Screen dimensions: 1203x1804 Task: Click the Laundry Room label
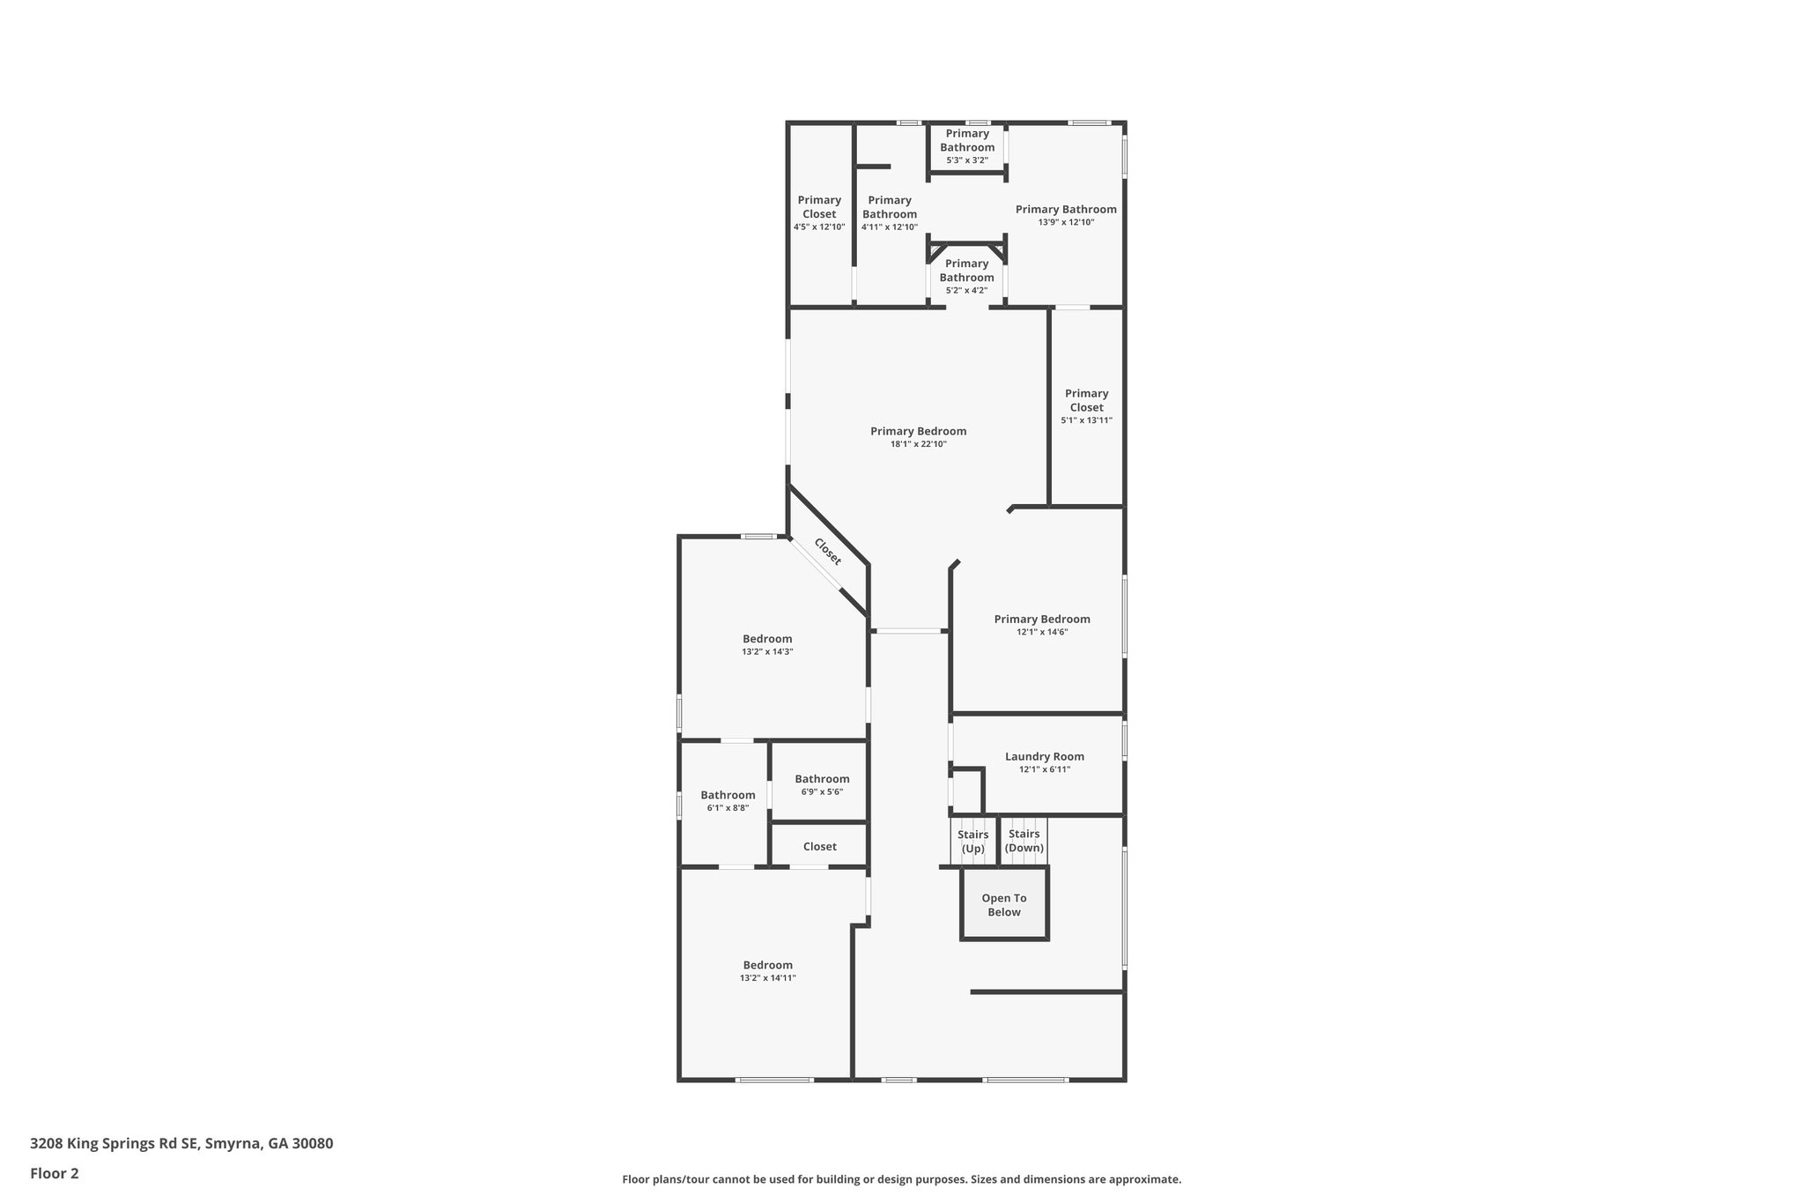click(x=1044, y=756)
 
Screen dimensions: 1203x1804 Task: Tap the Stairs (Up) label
click(x=972, y=842)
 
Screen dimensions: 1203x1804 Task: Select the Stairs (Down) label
click(x=1024, y=841)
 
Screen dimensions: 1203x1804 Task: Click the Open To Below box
click(x=1004, y=905)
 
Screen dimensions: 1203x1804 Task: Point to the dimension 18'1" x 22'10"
click(x=918, y=444)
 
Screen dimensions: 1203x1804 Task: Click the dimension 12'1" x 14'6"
click(x=1042, y=632)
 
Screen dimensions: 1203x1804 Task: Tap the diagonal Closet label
click(x=827, y=552)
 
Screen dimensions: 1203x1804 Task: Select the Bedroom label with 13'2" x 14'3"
click(x=766, y=639)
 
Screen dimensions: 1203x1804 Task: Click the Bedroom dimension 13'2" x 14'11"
click(x=767, y=978)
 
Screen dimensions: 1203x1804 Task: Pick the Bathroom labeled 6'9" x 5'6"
click(x=822, y=779)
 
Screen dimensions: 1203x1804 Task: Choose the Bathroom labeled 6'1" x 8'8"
click(x=728, y=795)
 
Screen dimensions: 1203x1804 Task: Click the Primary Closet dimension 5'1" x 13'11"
click(x=1086, y=420)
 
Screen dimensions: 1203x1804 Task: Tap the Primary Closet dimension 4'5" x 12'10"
click(x=819, y=227)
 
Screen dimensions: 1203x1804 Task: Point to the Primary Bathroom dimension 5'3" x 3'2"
click(x=967, y=160)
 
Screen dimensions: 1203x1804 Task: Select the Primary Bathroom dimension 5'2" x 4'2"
click(x=966, y=291)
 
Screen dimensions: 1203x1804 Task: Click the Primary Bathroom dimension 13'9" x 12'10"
click(x=1066, y=222)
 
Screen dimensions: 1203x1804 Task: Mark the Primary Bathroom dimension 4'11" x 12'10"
click(x=889, y=227)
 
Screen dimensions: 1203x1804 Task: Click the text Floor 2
click(x=55, y=1173)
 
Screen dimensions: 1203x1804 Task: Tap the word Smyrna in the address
click(x=233, y=1144)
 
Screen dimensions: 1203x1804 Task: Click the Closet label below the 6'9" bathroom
click(x=819, y=846)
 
